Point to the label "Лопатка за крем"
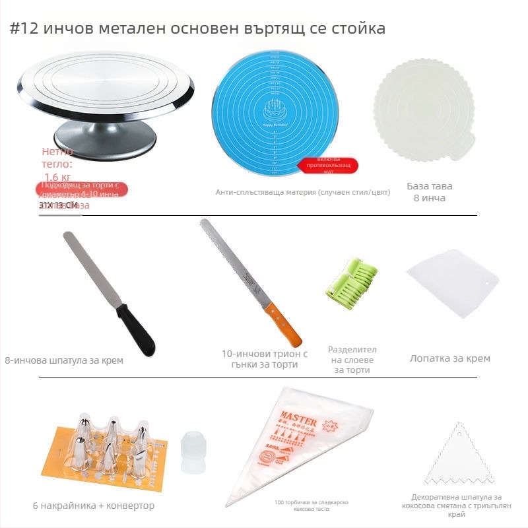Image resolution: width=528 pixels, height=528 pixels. pyautogui.click(x=450, y=358)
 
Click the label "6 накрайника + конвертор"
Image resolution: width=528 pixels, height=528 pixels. pyautogui.click(x=94, y=506)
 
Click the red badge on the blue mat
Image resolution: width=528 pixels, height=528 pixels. pyautogui.click(x=327, y=165)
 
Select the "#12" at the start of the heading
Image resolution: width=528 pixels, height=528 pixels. pyautogui.click(x=24, y=30)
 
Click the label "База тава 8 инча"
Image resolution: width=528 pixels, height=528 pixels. pyautogui.click(x=430, y=192)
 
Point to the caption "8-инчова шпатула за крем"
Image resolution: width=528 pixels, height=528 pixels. pyautogui.click(x=64, y=360)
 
